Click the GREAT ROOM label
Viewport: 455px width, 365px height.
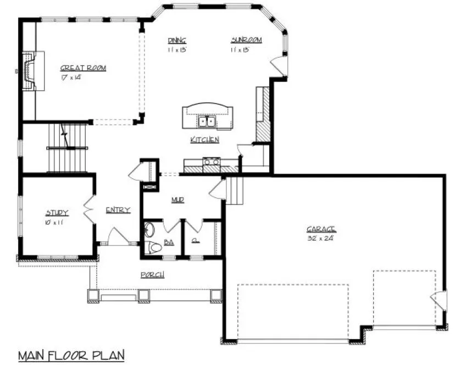tap(83, 68)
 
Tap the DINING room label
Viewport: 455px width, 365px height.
tap(177, 40)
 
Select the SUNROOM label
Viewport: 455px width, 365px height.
tap(246, 40)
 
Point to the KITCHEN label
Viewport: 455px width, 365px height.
tap(204, 140)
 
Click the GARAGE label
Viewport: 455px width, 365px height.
tap(321, 229)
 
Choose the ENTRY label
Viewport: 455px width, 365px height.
tap(118, 209)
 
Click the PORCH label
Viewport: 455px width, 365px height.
tap(152, 274)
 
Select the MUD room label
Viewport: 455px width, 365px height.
tap(176, 200)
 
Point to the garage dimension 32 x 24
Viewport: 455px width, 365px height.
tap(321, 239)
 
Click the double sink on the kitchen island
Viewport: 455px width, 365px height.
tap(207, 121)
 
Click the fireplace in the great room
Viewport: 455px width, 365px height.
tap(30, 70)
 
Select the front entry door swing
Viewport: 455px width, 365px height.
tap(118, 237)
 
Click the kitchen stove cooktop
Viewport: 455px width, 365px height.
tap(212, 161)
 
